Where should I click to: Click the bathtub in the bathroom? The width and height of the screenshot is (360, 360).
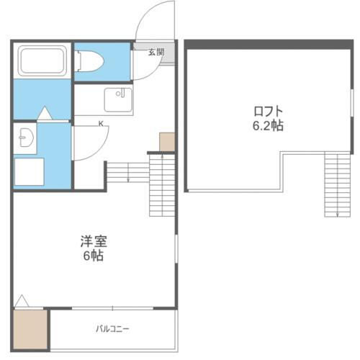point(42,60)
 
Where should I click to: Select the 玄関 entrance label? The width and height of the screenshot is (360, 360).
point(156,53)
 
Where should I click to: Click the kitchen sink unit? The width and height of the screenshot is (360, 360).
point(119,99)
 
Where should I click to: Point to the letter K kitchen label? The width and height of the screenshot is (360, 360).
point(100,124)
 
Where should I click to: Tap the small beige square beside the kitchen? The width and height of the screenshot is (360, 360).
point(167,141)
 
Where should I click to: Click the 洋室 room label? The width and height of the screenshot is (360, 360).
point(93,242)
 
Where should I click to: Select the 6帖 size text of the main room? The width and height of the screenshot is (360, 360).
point(93,256)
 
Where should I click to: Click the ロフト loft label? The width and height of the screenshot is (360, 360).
point(267,111)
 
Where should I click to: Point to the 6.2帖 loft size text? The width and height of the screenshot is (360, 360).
point(267,126)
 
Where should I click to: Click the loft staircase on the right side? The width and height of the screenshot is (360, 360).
point(336,184)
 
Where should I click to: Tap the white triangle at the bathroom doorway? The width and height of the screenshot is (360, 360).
point(45,114)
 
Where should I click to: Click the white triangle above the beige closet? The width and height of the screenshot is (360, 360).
point(22,301)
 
